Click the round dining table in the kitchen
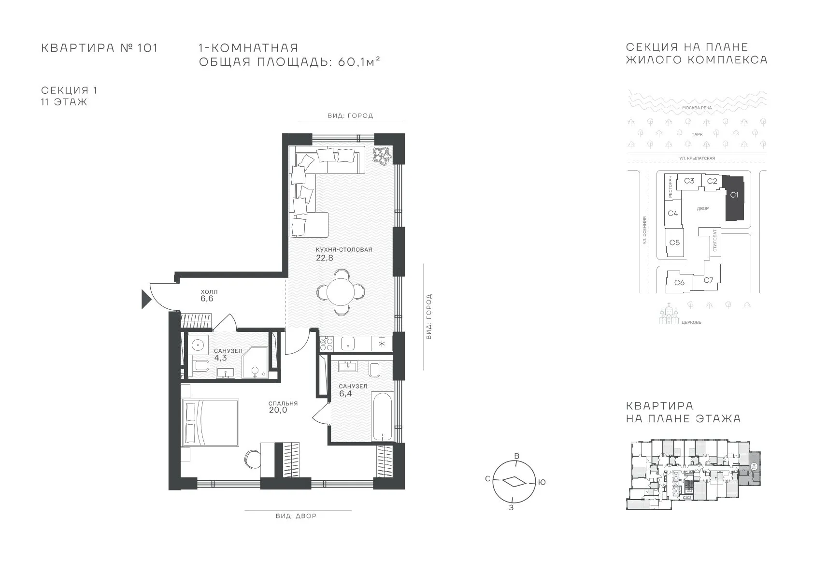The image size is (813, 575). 341,291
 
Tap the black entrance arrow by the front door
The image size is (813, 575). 146,300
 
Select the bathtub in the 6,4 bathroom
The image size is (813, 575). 382,417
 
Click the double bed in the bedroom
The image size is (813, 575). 210,422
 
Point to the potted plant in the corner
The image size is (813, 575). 382,157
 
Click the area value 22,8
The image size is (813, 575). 325,258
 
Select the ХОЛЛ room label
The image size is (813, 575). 209,291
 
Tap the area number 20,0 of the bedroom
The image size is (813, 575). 278,410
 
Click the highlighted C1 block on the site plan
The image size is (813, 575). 734,198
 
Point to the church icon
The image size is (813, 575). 669,315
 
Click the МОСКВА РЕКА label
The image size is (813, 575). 697,108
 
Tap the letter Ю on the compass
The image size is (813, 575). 542,482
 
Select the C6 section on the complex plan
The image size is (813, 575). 679,282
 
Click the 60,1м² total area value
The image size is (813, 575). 359,62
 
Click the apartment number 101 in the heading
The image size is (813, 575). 147,48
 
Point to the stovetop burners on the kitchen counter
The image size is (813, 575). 326,344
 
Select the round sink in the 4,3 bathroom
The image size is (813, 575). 198,345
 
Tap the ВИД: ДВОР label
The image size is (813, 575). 296,516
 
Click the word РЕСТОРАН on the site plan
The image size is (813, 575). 670,187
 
